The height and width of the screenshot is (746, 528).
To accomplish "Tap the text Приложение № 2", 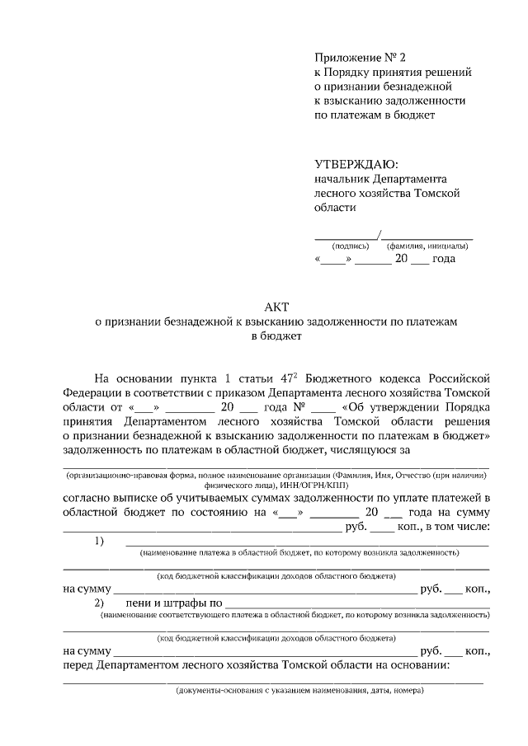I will pos(361,57).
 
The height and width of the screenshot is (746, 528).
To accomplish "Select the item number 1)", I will pos(100,541).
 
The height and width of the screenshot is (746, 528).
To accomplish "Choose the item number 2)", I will pos(100,604).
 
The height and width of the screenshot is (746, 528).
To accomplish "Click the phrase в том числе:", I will pos(458,526).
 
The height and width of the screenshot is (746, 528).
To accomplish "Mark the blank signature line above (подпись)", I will pos(346,237).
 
